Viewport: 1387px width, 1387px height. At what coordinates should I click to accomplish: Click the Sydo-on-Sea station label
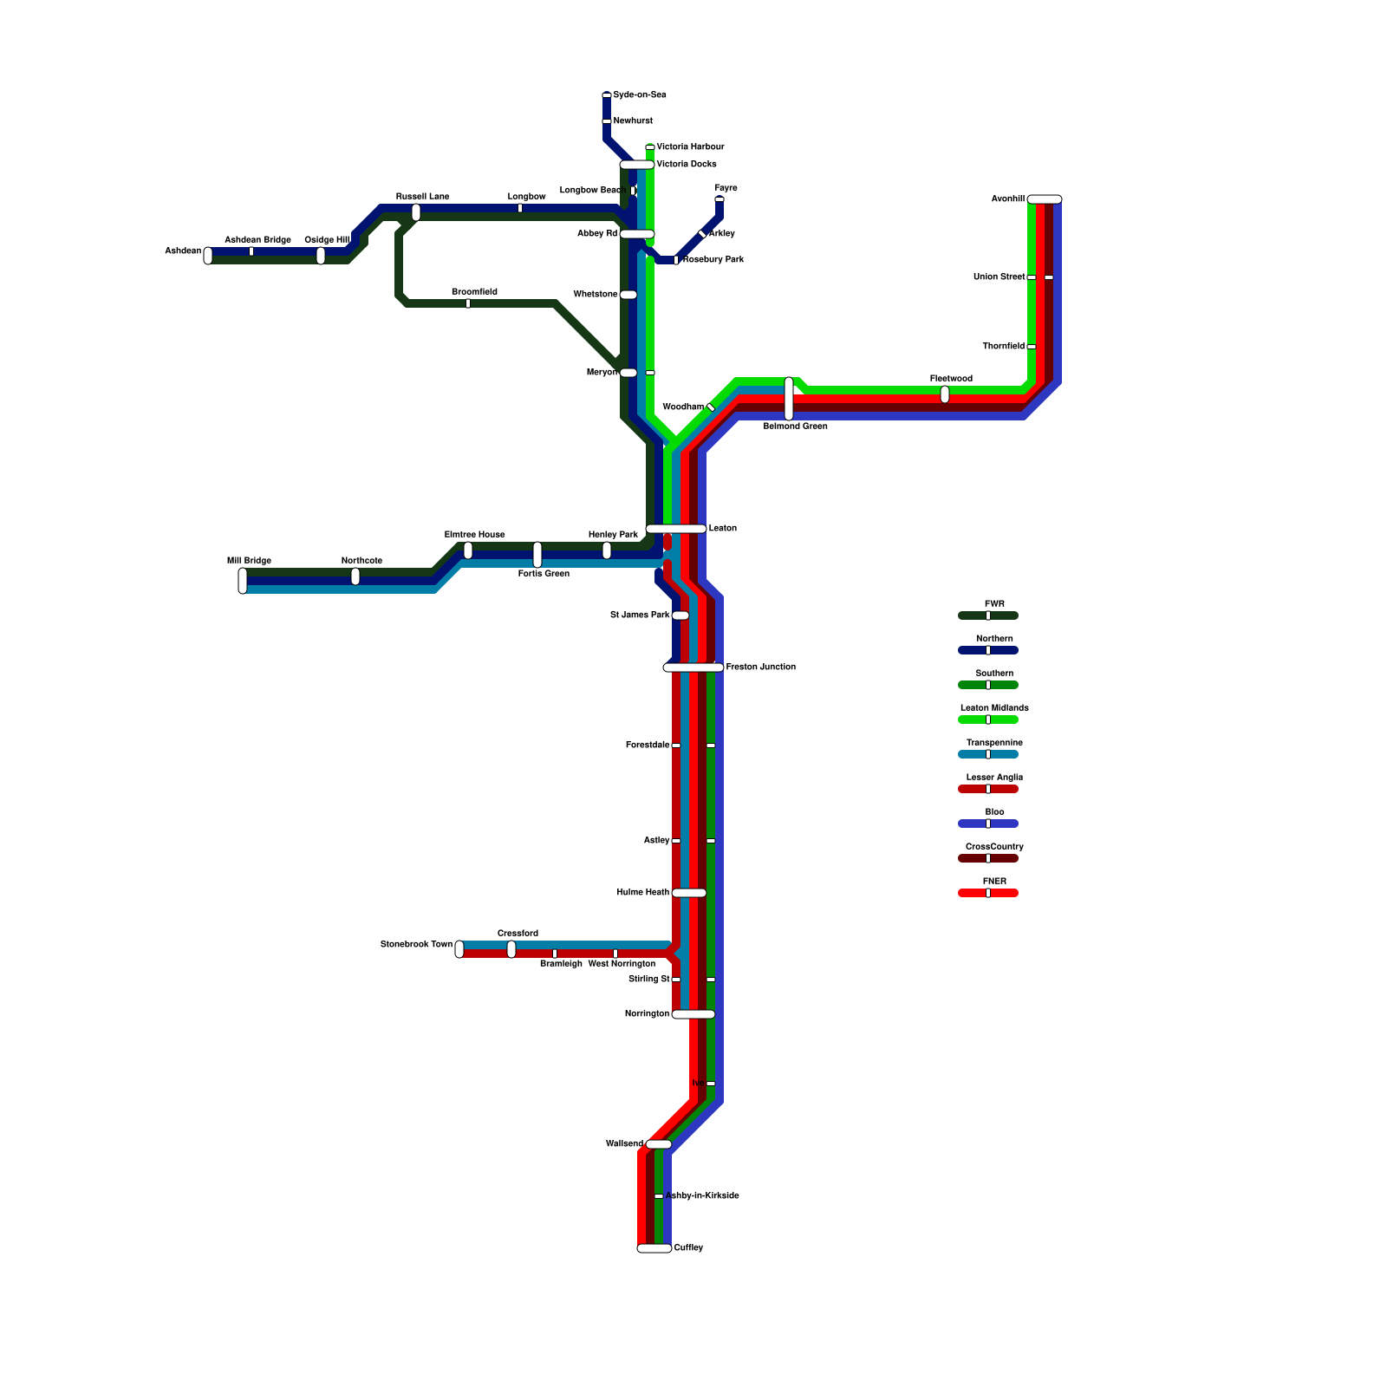(639, 94)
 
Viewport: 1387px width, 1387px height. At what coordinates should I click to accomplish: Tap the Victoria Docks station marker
(637, 165)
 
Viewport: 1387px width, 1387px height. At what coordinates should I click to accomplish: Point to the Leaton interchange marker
(676, 529)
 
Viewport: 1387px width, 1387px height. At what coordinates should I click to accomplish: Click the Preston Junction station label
(760, 667)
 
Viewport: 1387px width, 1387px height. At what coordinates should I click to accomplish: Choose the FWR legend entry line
(988, 615)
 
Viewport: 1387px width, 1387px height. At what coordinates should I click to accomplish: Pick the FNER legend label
(994, 882)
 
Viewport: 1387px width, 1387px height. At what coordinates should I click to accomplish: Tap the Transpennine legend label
(994, 743)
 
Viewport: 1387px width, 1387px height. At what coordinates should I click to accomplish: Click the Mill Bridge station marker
(243, 581)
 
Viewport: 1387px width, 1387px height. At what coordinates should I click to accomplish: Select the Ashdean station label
(183, 251)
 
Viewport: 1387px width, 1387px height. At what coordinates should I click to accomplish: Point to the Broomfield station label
(474, 292)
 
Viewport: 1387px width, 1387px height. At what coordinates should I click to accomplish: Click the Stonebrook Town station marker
(459, 949)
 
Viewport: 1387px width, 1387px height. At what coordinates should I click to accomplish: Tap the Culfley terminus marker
(654, 1248)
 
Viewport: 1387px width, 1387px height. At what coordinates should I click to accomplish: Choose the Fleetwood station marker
(945, 394)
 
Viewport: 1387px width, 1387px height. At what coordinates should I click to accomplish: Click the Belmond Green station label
(795, 427)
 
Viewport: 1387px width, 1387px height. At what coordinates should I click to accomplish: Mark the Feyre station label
(726, 188)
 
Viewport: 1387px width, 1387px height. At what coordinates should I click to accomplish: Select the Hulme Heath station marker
(689, 893)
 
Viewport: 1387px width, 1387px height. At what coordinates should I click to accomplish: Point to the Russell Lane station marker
(416, 212)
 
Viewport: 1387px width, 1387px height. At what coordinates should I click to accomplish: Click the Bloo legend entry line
(988, 824)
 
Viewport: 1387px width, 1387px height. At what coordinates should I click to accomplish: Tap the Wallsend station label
(624, 1144)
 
